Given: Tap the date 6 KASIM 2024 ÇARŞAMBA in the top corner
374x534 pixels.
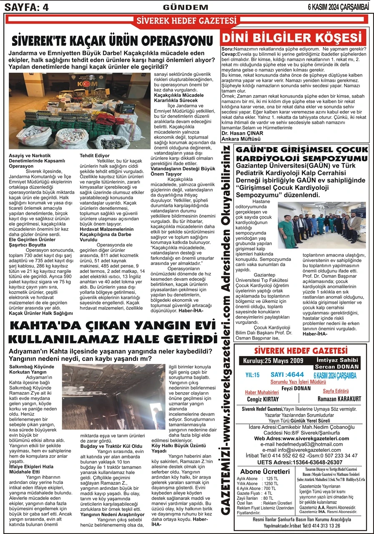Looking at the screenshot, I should coord(339,7).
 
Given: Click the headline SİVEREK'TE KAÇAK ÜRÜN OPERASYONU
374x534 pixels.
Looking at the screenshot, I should coord(113,41).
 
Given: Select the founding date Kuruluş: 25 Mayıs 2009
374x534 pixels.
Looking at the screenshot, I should coord(271,360).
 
